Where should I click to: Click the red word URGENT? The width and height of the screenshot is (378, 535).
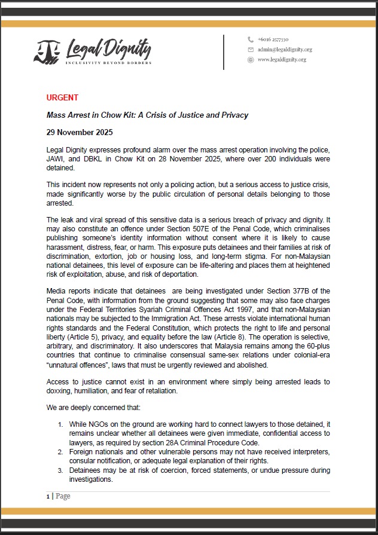pyautogui.click(x=62, y=97)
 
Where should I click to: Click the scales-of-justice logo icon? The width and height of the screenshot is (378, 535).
pyautogui.click(x=47, y=53)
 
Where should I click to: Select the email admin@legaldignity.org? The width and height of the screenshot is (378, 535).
pyautogui.click(x=285, y=50)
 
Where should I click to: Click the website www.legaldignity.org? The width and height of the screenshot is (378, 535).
pyautogui.click(x=282, y=60)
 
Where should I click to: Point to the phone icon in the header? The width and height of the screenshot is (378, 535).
pyautogui.click(x=251, y=39)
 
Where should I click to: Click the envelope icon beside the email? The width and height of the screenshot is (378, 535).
pyautogui.click(x=251, y=50)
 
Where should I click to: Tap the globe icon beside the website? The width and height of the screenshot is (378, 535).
pyautogui.click(x=251, y=60)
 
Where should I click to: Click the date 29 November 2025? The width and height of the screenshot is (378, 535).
pyautogui.click(x=79, y=132)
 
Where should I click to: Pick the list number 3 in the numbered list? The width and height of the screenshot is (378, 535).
pyautogui.click(x=60, y=470)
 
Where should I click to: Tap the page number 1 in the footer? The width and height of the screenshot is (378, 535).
pyautogui.click(x=48, y=496)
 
